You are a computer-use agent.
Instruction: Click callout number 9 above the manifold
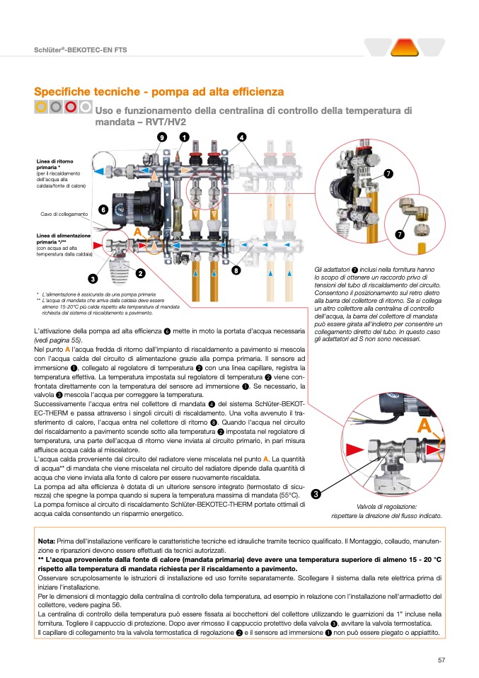click(x=162, y=137)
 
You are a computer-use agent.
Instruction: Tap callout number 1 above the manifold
click(x=184, y=137)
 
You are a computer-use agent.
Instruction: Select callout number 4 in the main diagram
click(x=241, y=137)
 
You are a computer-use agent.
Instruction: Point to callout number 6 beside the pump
click(x=103, y=209)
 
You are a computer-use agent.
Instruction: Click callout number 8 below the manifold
click(x=236, y=270)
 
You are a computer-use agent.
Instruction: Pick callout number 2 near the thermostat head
click(x=140, y=273)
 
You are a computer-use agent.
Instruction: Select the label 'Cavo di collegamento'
click(x=63, y=214)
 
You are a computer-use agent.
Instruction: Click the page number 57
click(x=441, y=660)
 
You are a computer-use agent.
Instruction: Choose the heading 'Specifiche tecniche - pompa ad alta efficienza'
click(x=159, y=92)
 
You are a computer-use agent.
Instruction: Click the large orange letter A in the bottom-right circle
click(x=424, y=425)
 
